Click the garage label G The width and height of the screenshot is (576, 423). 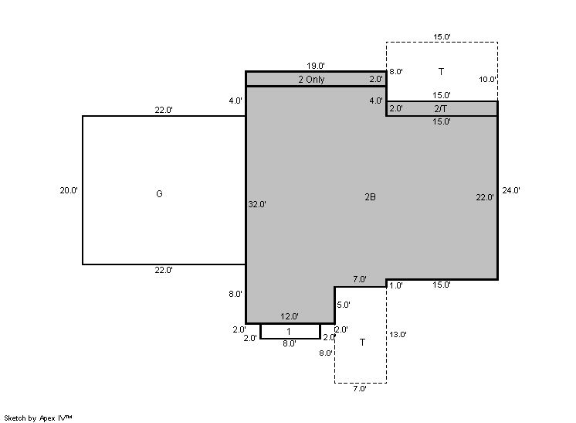159,194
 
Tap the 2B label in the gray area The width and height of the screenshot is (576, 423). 371,197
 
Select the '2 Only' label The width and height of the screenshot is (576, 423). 311,80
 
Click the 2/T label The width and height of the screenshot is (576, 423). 440,109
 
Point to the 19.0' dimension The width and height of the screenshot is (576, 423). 316,66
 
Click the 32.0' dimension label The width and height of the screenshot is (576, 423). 257,204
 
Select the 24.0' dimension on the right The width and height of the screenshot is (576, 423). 511,190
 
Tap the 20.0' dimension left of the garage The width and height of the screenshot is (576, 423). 69,190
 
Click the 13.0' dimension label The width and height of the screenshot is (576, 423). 398,335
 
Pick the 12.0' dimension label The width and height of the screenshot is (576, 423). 290,316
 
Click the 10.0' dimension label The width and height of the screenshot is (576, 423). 487,80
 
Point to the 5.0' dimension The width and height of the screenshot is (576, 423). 344,305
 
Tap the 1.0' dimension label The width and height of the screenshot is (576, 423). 396,286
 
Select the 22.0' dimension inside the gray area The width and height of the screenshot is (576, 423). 485,197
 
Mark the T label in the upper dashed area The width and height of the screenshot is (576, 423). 441,71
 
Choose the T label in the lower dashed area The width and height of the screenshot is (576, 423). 362,343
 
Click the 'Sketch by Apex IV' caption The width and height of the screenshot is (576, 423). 38,418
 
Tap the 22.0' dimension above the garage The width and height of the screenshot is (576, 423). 164,110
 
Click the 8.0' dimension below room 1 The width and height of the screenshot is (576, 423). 290,343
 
